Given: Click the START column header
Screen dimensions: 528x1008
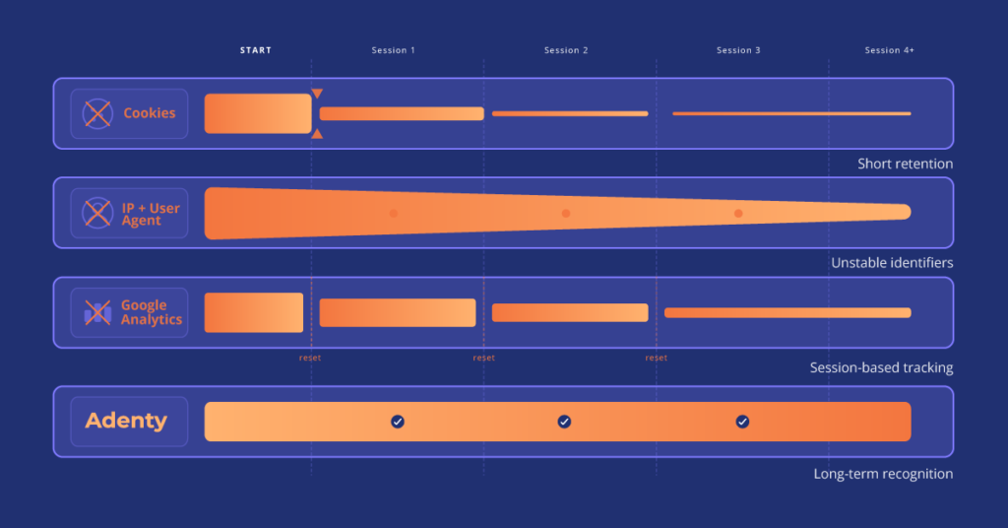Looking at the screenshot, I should [256, 50].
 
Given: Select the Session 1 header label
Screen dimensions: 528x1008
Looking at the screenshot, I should [393, 50].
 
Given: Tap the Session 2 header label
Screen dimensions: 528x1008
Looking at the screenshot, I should [566, 50].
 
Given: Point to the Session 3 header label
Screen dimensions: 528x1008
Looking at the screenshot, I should [738, 50].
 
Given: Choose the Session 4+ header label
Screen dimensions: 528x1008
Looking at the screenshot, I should [889, 50].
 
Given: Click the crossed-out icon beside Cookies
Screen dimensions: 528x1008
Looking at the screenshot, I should [96, 113].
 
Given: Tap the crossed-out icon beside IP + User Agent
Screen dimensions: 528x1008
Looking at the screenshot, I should [96, 213].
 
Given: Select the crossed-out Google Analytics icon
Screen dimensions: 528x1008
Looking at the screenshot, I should [97, 313].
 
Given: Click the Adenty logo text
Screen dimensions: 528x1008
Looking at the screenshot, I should [126, 422].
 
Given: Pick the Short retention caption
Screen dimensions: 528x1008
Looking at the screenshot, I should [905, 164].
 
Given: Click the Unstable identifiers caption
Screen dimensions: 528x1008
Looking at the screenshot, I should [892, 263].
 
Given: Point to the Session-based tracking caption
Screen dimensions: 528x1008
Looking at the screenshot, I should [881, 367].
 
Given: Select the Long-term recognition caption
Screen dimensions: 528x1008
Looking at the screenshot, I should [883, 474].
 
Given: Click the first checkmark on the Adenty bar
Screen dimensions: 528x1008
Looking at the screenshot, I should [398, 422].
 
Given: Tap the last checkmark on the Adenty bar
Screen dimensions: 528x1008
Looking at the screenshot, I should [742, 422].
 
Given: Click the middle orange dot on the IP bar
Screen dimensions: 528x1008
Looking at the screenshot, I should [566, 213].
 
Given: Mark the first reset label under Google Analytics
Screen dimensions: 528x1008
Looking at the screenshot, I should [310, 358].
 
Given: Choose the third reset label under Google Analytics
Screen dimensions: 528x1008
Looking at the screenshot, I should [656, 358].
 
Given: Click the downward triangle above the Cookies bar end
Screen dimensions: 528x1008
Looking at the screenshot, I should [317, 94].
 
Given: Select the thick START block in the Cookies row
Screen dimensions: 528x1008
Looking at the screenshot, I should [258, 113].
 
